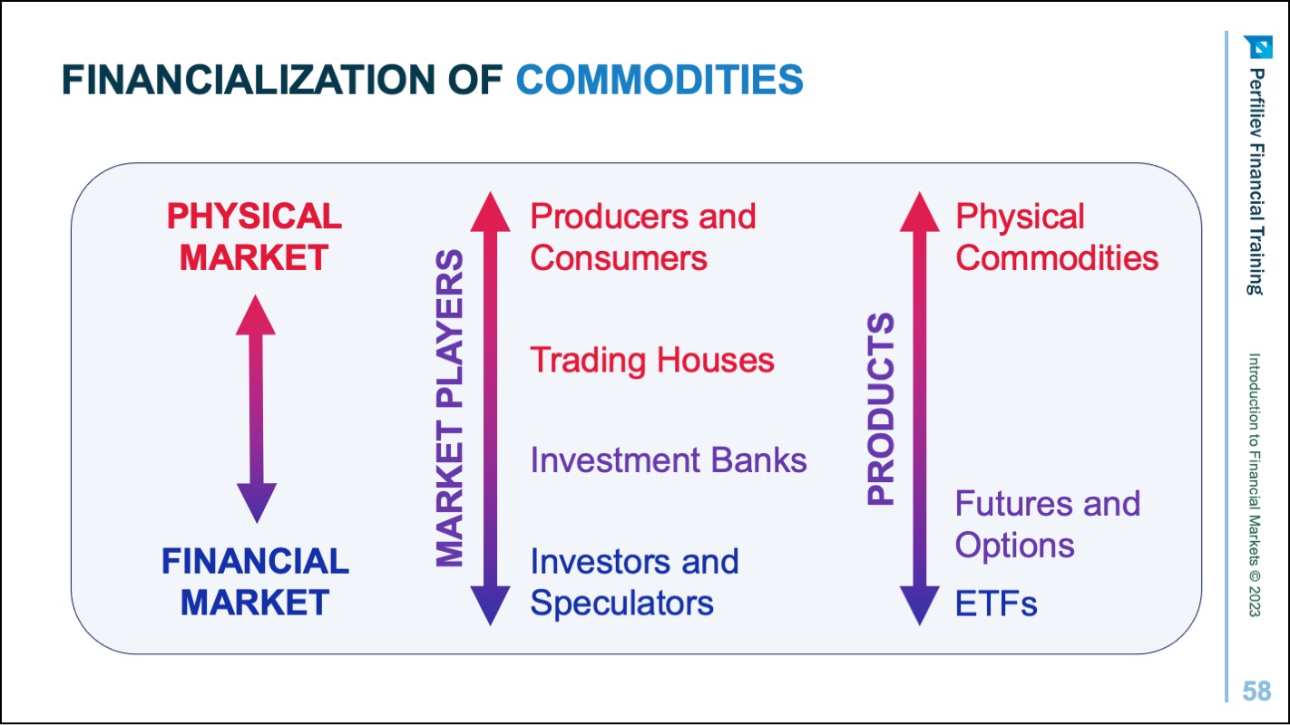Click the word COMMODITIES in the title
tap(660, 80)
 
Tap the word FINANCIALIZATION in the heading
tap(249, 80)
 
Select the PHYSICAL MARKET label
tap(255, 237)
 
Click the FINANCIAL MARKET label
tap(255, 582)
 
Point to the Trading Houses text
tap(652, 360)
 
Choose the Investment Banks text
tap(669, 460)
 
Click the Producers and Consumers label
tap(643, 237)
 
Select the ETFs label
tap(996, 604)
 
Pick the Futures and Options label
tap(1048, 524)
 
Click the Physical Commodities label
tap(1057, 237)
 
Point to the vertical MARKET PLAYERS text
tap(449, 408)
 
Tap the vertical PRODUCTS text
tap(881, 409)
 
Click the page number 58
tap(1256, 691)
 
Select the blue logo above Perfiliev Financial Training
tap(1259, 47)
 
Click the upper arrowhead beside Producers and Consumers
tap(490, 212)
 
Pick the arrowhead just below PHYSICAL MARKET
tap(256, 314)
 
